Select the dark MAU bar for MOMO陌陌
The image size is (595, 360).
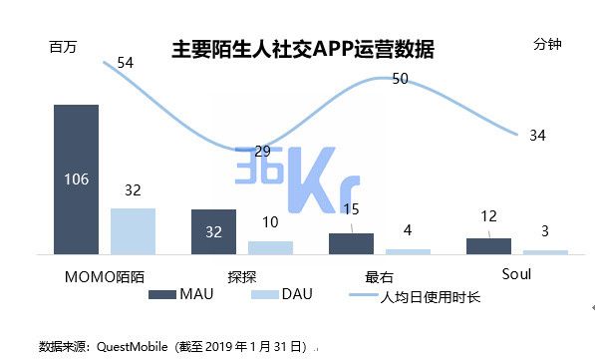click(76, 180)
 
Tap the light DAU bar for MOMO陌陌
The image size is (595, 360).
click(133, 230)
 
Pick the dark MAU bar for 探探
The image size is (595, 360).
click(213, 231)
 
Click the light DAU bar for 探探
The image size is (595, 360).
click(270, 247)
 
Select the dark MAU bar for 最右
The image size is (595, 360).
click(351, 243)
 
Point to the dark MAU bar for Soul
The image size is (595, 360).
click(488, 245)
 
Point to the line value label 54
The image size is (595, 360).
click(126, 63)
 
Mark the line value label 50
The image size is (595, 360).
click(400, 79)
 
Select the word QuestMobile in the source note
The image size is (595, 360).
click(133, 345)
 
